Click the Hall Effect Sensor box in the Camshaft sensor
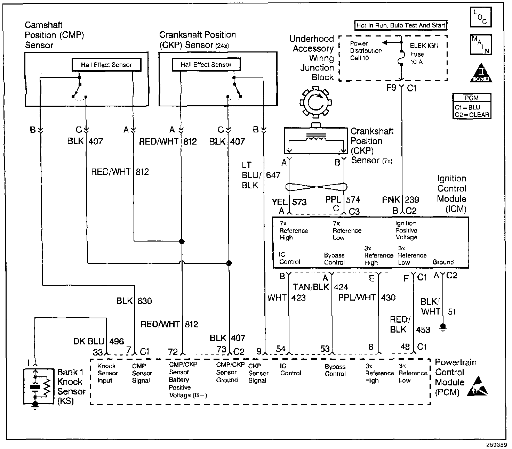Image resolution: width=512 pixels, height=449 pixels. (106, 65)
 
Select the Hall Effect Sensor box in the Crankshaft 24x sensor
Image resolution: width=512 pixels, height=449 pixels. (206, 64)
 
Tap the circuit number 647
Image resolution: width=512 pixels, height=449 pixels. (273, 175)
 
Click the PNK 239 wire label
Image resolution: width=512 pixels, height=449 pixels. (400, 199)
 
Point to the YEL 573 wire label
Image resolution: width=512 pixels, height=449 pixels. (289, 202)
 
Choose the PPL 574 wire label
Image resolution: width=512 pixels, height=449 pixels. (343, 199)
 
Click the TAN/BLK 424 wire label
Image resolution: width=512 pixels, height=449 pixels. (320, 287)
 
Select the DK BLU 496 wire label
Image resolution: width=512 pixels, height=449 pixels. (98, 341)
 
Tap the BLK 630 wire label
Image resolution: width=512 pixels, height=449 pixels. (134, 301)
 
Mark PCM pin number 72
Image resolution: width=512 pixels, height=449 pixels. (173, 352)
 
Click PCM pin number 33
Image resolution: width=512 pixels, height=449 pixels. (98, 352)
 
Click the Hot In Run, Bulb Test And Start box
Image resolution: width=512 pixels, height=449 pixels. (400, 25)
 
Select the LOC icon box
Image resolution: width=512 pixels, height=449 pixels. (481, 17)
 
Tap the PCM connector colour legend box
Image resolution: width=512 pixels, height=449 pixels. (472, 106)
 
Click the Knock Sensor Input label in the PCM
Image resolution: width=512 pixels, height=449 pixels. (107, 373)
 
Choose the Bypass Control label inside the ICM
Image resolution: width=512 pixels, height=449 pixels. (334, 259)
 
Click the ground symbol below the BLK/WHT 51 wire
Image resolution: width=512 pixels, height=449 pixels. (443, 328)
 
